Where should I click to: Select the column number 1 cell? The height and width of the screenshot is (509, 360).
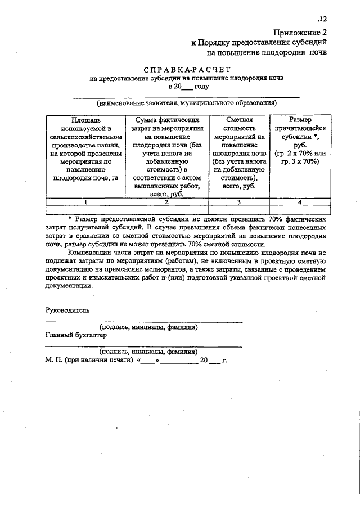(x=85, y=201)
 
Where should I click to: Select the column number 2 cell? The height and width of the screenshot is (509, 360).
(x=166, y=201)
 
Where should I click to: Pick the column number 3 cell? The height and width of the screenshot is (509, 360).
(x=239, y=201)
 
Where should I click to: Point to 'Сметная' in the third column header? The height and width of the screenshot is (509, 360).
(x=239, y=120)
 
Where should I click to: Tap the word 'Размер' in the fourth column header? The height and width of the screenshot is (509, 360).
(x=299, y=120)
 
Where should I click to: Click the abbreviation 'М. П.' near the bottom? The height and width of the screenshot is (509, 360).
(x=53, y=359)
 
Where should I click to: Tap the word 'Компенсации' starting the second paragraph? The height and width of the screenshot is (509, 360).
(x=91, y=253)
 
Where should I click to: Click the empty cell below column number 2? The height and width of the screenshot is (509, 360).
(x=166, y=210)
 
